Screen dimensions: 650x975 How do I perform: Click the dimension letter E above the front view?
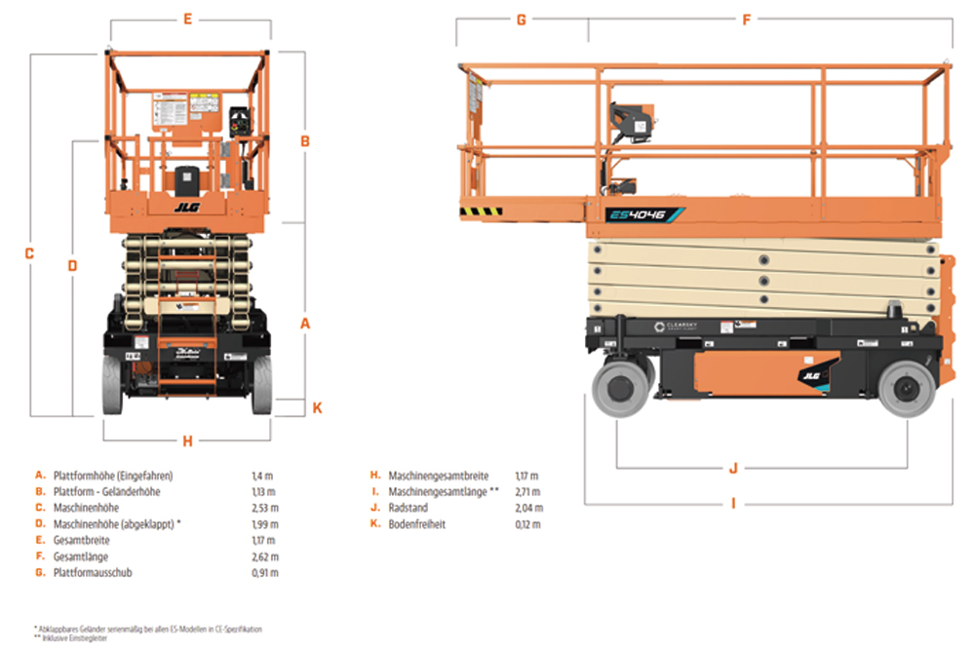click(187, 19)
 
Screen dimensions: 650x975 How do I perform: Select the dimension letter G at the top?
click(522, 19)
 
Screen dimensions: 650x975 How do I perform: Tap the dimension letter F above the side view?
click(747, 19)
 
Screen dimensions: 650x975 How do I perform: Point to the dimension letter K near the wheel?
click(317, 408)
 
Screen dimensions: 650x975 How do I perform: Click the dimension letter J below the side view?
click(733, 468)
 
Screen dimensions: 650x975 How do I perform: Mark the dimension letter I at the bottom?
click(733, 504)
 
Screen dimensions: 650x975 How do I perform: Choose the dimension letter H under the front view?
click(187, 440)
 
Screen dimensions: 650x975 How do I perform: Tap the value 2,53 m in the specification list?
click(265, 508)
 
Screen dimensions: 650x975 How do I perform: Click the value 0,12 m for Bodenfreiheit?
click(527, 524)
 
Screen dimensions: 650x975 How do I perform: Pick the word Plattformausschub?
click(95, 572)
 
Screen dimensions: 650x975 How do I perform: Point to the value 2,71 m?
click(527, 492)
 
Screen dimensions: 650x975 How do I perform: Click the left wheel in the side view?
click(622, 389)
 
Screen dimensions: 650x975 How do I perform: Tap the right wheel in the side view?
click(906, 389)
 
